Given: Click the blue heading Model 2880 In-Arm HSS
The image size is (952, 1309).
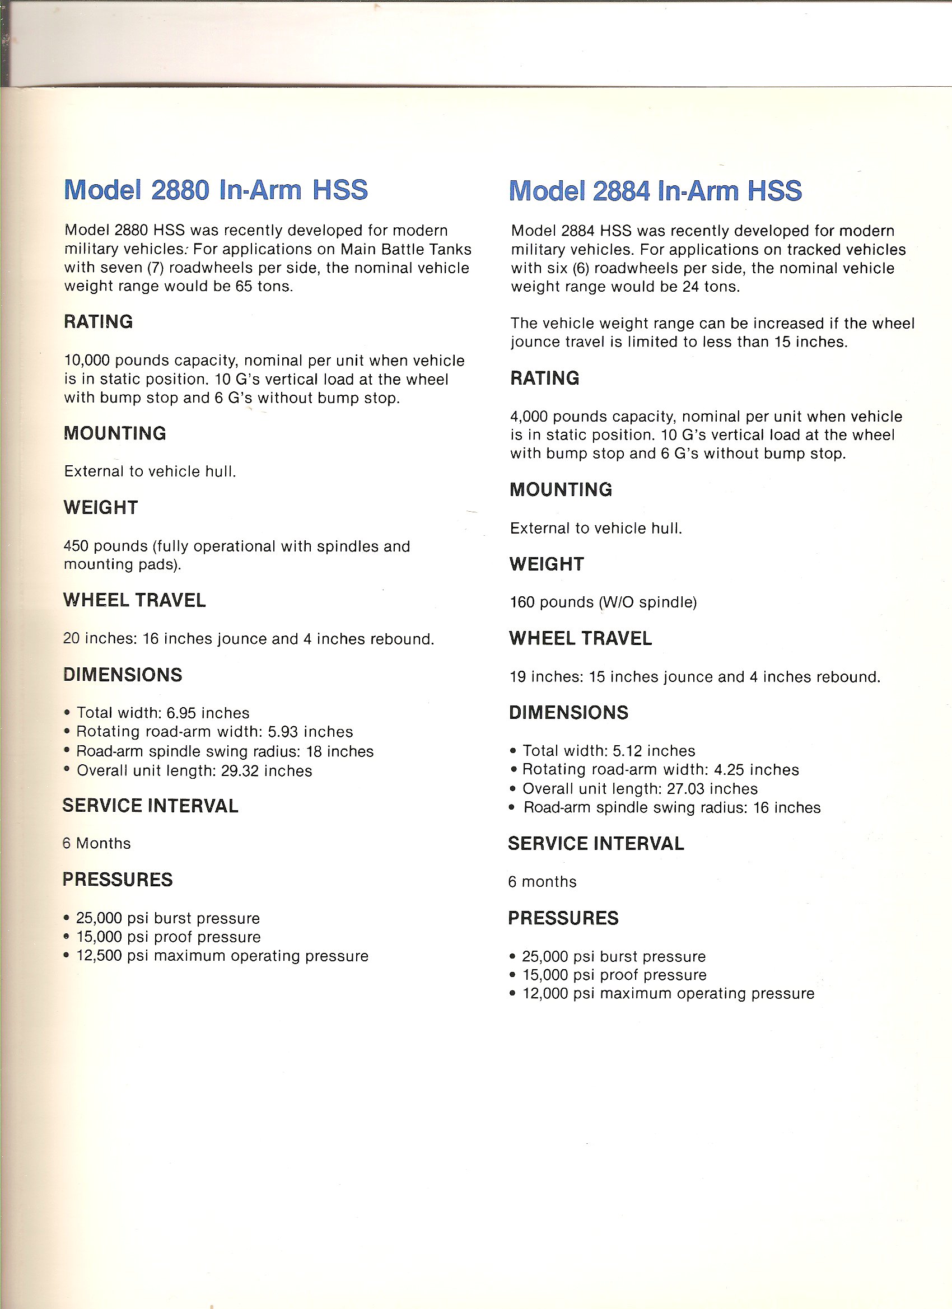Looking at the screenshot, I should (216, 190).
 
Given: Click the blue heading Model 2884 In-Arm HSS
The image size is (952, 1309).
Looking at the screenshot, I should (655, 191).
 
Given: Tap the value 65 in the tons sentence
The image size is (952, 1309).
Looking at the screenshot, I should (244, 287).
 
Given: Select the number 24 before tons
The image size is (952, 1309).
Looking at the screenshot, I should (690, 287).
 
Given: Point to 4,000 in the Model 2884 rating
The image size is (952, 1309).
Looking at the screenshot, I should (529, 417).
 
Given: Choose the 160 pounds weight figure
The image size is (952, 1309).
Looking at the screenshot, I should (522, 602).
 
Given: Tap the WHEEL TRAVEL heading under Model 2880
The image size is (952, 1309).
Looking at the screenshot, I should (134, 600).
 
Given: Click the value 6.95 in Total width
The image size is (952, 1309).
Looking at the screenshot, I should (181, 713).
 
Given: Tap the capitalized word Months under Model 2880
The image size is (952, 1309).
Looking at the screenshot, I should (104, 843).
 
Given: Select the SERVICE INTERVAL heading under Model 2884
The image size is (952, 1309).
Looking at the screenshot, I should (596, 844).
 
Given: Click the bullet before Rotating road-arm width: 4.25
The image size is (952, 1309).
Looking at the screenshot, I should (513, 770).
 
